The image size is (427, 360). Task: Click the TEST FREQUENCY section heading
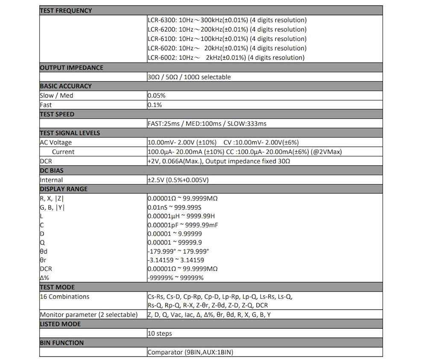click(x=65, y=11)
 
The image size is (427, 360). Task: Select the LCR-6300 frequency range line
click(x=227, y=20)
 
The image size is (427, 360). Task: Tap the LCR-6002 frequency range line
click(x=226, y=58)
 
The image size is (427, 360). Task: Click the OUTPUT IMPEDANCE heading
click(x=71, y=67)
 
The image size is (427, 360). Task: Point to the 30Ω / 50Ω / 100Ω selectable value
click(x=189, y=77)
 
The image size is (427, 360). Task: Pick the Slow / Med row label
click(x=56, y=96)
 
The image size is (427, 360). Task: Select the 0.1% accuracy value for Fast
click(x=155, y=105)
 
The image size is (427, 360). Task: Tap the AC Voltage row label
click(x=56, y=143)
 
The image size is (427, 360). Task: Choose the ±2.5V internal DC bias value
click(x=178, y=180)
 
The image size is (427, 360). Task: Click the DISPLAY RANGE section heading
click(x=63, y=189)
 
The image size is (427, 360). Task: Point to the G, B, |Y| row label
click(x=53, y=208)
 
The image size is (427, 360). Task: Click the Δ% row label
click(x=44, y=278)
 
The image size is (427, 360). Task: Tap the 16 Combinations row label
click(x=64, y=297)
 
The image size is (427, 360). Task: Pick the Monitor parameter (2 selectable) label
click(x=89, y=315)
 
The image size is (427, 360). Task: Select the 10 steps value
click(x=160, y=334)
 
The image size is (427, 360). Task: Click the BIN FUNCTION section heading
click(x=61, y=343)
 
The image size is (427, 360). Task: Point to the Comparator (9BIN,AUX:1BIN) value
click(x=190, y=353)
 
